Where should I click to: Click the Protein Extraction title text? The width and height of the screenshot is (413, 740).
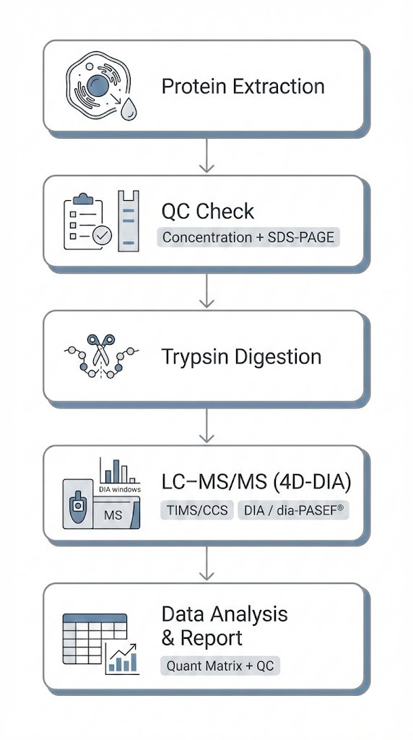pos(243,87)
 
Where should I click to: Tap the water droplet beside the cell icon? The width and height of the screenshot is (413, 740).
pos(129,108)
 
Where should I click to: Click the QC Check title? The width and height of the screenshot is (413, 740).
pos(208,211)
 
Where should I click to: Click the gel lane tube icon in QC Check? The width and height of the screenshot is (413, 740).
pos(127,220)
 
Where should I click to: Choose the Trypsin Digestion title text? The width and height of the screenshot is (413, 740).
pos(241,357)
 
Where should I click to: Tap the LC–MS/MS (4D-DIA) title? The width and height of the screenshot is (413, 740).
pos(256,483)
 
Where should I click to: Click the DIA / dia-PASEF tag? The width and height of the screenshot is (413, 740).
pos(293,510)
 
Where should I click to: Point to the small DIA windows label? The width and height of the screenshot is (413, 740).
pos(120,489)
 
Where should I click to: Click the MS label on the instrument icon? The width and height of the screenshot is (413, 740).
pos(113,515)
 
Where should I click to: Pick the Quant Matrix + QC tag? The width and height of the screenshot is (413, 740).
pos(219,666)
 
